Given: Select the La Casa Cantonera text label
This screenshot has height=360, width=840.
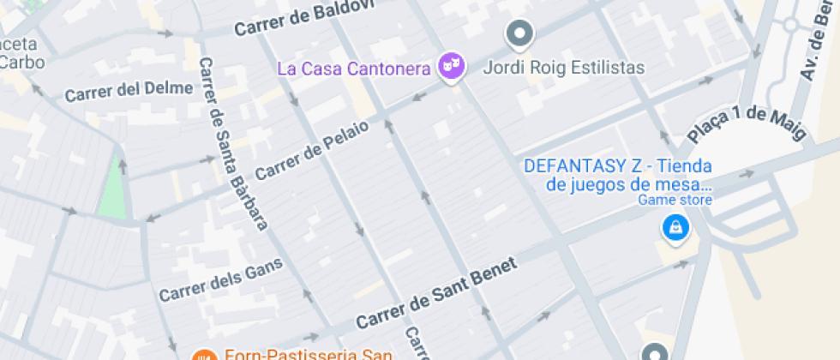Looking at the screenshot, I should pos(353,68).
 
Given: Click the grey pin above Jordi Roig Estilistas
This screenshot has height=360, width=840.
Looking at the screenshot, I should pos(519,34).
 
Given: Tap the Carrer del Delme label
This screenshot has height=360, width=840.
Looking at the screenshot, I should pos(129,89).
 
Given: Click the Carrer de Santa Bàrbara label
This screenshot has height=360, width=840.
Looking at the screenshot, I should pos(233,143).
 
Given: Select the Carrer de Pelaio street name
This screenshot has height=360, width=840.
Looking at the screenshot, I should pos(312,150).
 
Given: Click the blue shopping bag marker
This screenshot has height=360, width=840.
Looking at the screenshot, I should pos(675,227).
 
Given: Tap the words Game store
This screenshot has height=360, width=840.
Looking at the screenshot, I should pos(675,201).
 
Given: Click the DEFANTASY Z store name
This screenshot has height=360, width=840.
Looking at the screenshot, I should pos(619,175).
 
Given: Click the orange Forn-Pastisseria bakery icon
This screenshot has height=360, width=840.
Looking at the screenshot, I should pos(204,354).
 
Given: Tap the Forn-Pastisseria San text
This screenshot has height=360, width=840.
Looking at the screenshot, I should pos(308,353).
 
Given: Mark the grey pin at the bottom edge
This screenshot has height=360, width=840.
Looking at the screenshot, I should pos(656,353).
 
